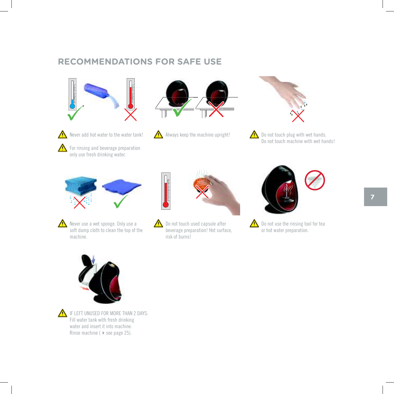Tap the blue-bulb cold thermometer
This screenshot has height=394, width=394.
click(72, 95)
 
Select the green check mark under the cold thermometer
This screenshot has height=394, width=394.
click(75, 113)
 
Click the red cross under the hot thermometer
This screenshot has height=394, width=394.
click(130, 115)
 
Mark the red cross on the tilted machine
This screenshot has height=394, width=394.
click(216, 109)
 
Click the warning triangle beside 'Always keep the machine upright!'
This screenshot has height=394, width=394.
click(158, 135)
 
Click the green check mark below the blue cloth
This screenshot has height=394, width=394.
click(121, 202)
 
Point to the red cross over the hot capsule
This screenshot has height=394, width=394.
click(202, 192)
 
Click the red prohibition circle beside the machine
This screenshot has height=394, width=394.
click(315, 180)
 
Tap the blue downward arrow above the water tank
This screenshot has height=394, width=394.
click(93, 259)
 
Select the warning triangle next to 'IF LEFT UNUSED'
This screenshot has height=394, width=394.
click(62, 313)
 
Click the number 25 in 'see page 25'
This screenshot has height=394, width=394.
click(127, 333)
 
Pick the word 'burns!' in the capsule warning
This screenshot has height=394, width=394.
click(184, 237)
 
